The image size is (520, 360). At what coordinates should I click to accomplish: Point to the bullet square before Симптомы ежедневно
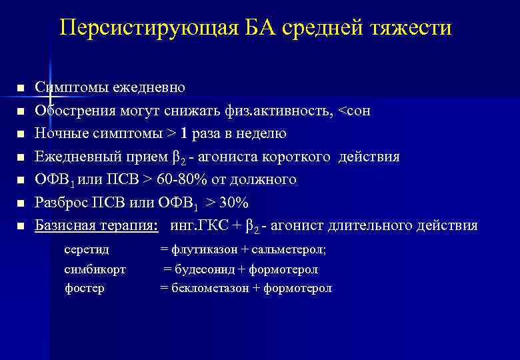pos(21,89)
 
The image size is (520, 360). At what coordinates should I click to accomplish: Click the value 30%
pos(235,203)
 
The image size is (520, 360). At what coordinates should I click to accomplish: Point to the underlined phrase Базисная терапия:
pos(97,225)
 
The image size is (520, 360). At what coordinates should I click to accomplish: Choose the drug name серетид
pos(87,250)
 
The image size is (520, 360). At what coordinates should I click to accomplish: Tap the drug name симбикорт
pos(95,269)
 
